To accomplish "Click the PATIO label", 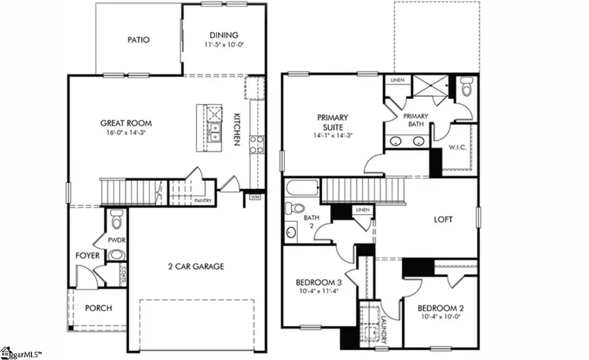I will (138, 40).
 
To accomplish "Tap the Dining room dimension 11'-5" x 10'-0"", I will (224, 45).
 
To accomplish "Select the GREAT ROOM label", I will (126, 122).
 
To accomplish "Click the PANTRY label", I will (202, 201).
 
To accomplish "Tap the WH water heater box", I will (255, 196).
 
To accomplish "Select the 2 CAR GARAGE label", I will (196, 266).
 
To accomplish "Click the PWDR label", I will (118, 240).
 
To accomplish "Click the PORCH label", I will (99, 308).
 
